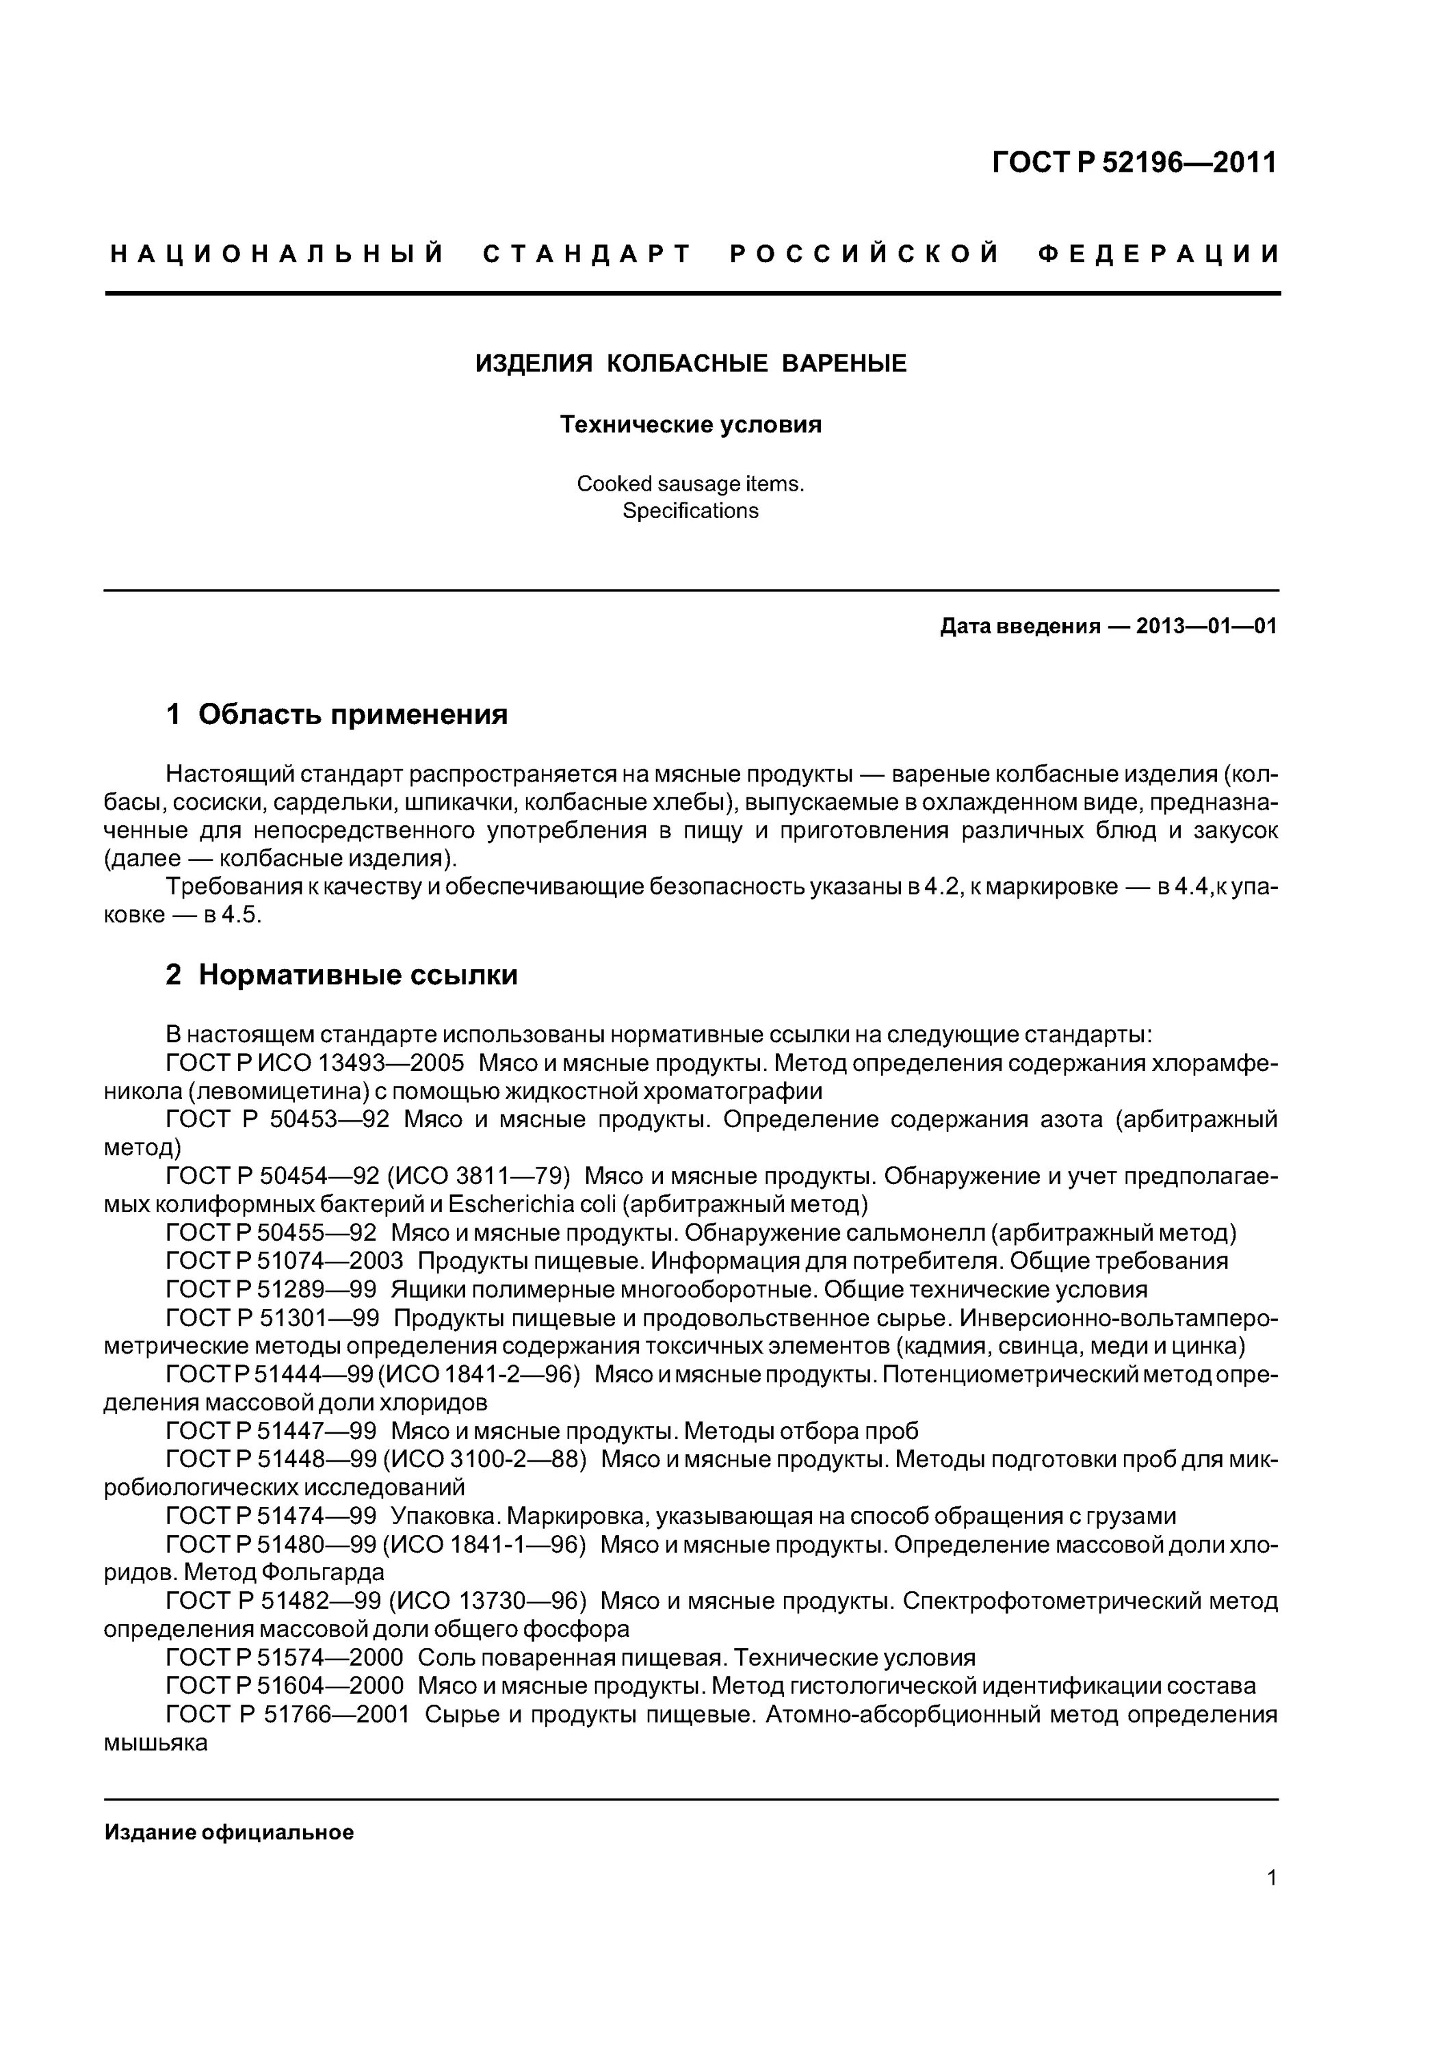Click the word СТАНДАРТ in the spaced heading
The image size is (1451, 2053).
click(x=588, y=255)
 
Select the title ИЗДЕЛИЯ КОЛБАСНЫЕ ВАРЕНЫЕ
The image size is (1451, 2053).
click(x=690, y=363)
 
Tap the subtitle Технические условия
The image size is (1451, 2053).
click(x=690, y=425)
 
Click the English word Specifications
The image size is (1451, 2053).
click(x=690, y=511)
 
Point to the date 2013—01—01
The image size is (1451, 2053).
click(x=1206, y=626)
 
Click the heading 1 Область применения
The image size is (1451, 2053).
click(x=337, y=714)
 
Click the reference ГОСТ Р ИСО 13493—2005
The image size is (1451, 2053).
click(x=315, y=1063)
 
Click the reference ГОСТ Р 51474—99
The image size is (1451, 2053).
click(x=271, y=1516)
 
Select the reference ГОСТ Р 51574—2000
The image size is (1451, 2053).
click(x=285, y=1657)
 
